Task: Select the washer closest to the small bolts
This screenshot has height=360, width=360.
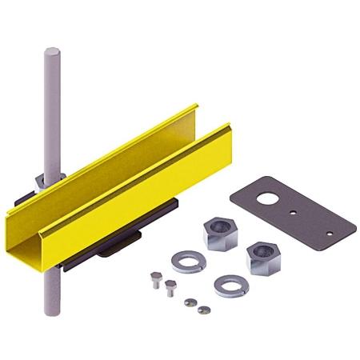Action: (x=186, y=261)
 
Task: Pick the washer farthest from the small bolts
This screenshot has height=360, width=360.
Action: (x=231, y=285)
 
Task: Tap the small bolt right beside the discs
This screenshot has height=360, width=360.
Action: (x=170, y=288)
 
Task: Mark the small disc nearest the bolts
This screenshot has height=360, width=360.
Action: (x=190, y=302)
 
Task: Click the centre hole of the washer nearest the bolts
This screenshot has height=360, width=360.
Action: (x=186, y=260)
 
